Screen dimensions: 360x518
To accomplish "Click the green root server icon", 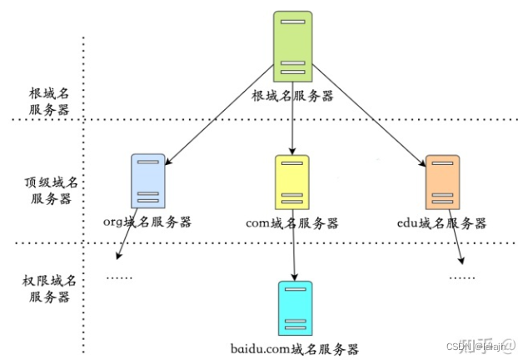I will [x=292, y=47].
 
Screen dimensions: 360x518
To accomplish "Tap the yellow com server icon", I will [x=292, y=181].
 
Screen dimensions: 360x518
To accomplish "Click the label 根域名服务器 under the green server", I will [x=292, y=96].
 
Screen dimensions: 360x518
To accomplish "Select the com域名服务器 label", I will [x=292, y=222].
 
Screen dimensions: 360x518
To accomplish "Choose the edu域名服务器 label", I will [x=442, y=222].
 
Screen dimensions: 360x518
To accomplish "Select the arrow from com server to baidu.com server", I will [x=294, y=250].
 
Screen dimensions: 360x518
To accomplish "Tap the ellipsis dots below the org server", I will [x=122, y=277].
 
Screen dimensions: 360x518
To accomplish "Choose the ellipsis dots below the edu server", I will [x=461, y=277].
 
